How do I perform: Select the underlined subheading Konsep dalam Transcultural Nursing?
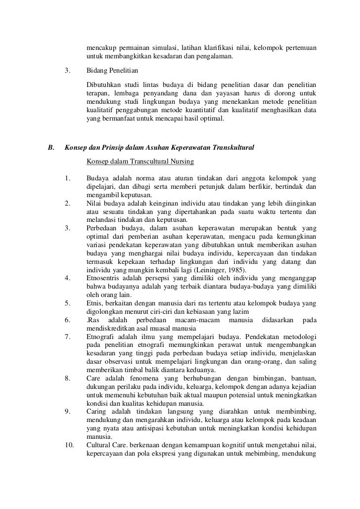139,162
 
